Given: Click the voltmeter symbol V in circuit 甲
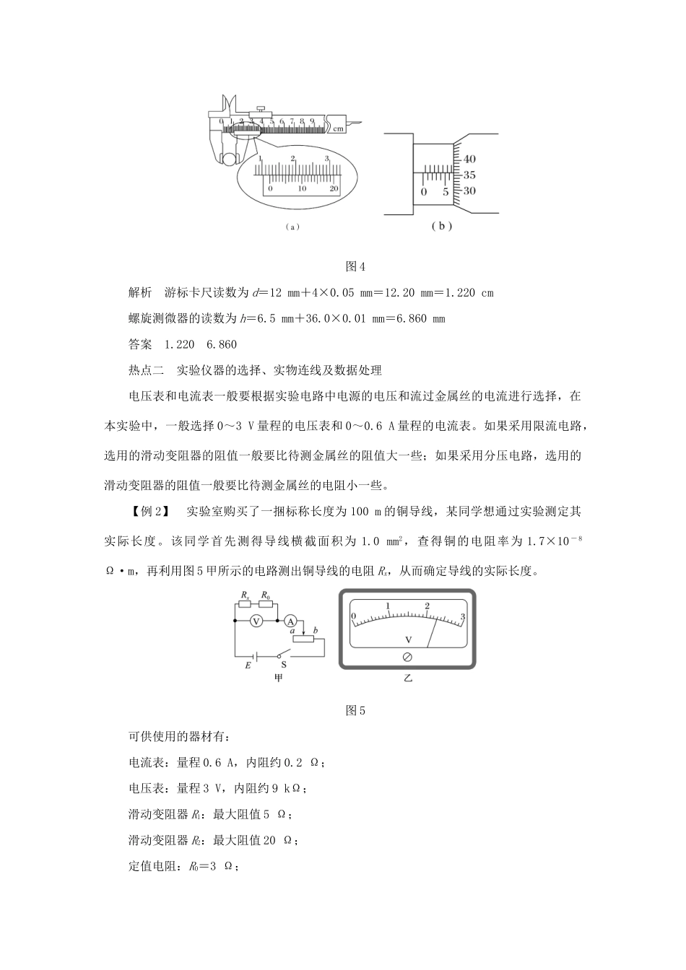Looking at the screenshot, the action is pyautogui.click(x=254, y=621).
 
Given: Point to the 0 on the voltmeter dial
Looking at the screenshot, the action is pyautogui.click(x=353, y=616).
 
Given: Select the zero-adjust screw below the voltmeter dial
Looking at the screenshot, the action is pyautogui.click(x=407, y=657).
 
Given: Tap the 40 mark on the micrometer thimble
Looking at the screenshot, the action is pyautogui.click(x=469, y=159).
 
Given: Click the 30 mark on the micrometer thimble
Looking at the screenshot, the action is pyautogui.click(x=469, y=191).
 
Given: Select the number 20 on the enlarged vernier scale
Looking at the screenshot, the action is pyautogui.click(x=334, y=188).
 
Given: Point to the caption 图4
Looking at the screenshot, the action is pyautogui.click(x=356, y=266).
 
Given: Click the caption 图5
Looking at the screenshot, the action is pyautogui.click(x=356, y=711).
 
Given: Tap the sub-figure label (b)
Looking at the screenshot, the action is pyautogui.click(x=441, y=225).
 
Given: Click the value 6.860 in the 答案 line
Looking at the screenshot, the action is pyautogui.click(x=222, y=345).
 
